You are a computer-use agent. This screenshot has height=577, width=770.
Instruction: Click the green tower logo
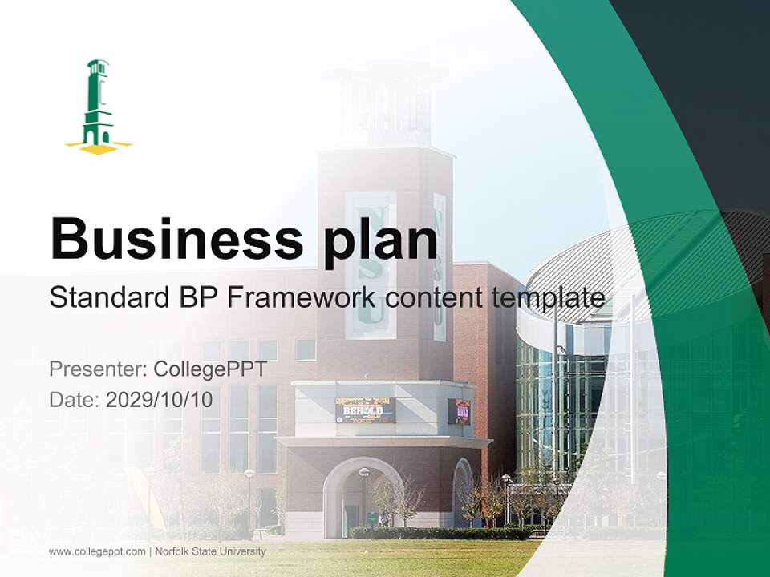98,104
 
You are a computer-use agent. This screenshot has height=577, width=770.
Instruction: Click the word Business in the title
176,238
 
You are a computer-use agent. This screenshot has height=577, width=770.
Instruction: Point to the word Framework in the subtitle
302,297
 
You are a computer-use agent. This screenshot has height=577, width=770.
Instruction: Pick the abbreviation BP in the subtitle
195,297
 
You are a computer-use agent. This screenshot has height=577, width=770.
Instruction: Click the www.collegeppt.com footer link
97,551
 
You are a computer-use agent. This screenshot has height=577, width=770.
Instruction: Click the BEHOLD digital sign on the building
365,410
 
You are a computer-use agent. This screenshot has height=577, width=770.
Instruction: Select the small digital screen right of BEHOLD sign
460,411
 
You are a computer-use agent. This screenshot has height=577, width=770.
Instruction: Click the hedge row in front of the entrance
441,532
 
